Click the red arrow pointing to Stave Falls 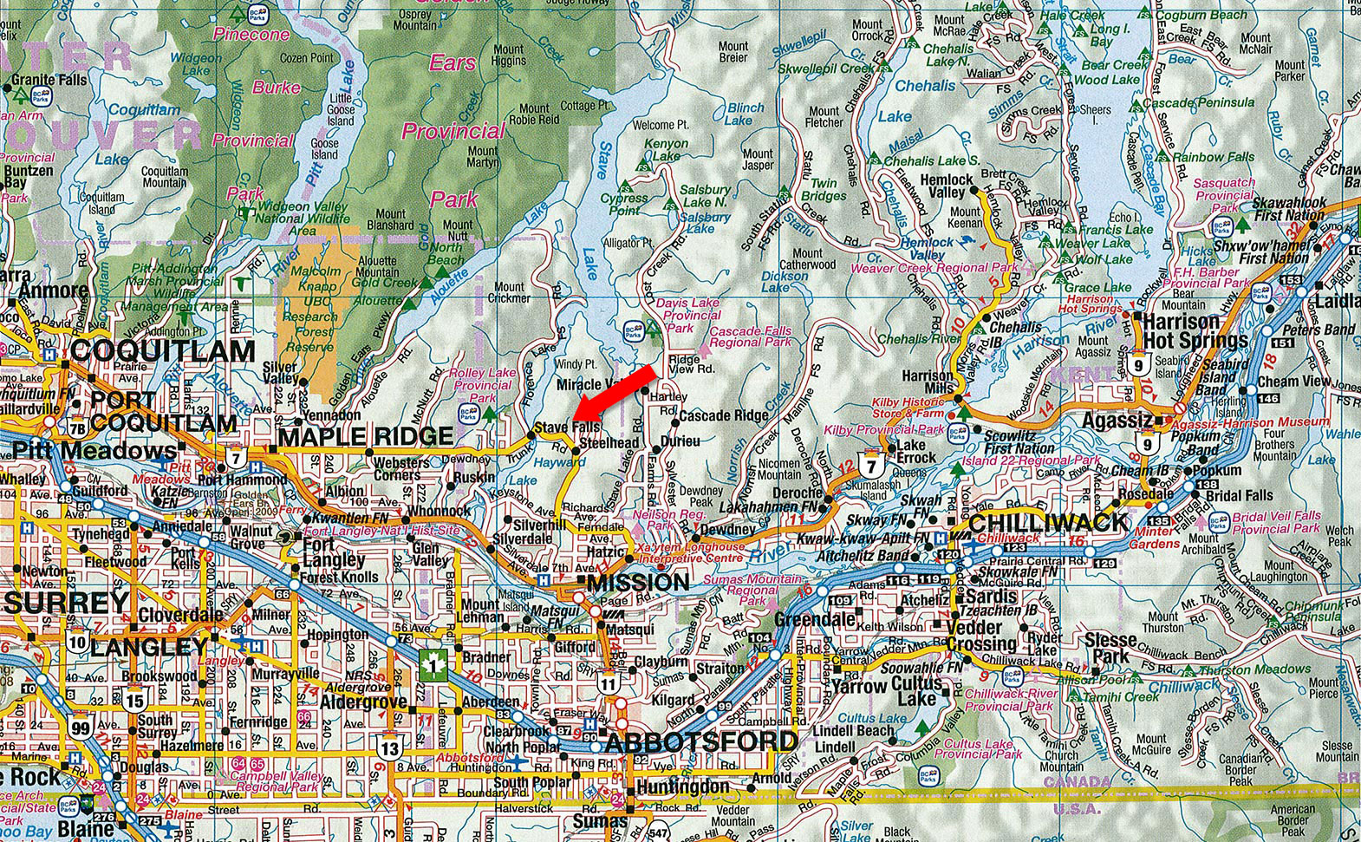pyautogui.click(x=616, y=389)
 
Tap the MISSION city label pyautogui.click(x=639, y=582)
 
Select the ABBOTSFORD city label pyautogui.click(x=700, y=742)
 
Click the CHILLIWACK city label pyautogui.click(x=1048, y=523)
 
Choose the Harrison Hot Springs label pyautogui.click(x=1195, y=330)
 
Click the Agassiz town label pyautogui.click(x=1117, y=421)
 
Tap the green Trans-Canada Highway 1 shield pyautogui.click(x=433, y=665)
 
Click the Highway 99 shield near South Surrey pyautogui.click(x=81, y=727)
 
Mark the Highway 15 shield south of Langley pyautogui.click(x=134, y=701)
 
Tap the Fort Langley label pyautogui.click(x=330, y=553)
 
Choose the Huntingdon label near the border pyautogui.click(x=682, y=787)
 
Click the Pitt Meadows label pyautogui.click(x=94, y=451)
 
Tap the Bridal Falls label pyautogui.click(x=1239, y=496)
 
